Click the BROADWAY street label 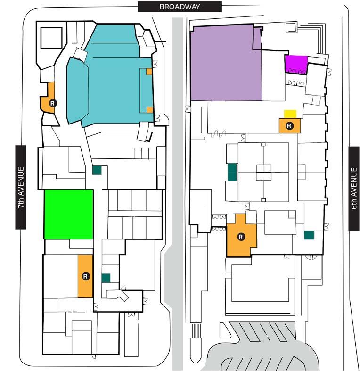pos(180,7)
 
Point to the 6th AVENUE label pos(354,189)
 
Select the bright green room pos(68,214)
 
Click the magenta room pos(296,64)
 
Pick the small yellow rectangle pos(290,114)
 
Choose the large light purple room pos(226,64)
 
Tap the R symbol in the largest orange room pos(241,237)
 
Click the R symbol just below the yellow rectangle pos(289,125)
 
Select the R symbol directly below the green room pos(85,276)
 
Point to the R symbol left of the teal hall pos(53,102)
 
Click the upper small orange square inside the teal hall pos(149,72)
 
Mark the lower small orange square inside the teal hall pos(149,110)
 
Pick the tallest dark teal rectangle pos(232,172)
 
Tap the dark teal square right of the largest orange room pos(309,235)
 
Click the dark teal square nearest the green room pos(97,171)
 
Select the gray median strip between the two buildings pos(177,189)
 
